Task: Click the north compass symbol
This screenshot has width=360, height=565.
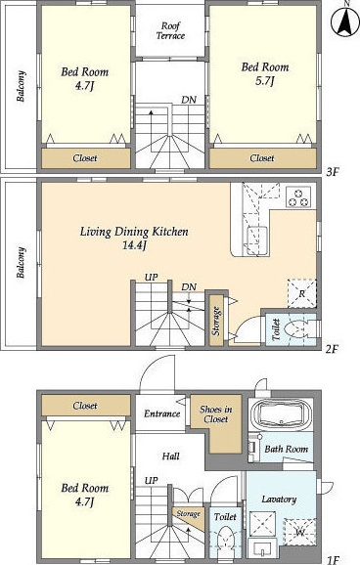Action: pyautogui.click(x=345, y=21)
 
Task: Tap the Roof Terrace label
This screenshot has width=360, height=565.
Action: pyautogui.click(x=170, y=31)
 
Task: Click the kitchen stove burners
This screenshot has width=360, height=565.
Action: pyautogui.click(x=298, y=196)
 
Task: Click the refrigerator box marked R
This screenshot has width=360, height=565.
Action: pyautogui.click(x=302, y=293)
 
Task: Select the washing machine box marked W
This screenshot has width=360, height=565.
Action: pyautogui.click(x=299, y=532)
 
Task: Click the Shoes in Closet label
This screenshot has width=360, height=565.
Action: pyautogui.click(x=216, y=414)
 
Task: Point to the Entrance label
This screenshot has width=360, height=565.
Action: pyautogui.click(x=161, y=413)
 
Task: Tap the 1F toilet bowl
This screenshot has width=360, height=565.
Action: pyautogui.click(x=226, y=538)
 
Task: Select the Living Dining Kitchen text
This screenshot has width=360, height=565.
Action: pyautogui.click(x=134, y=232)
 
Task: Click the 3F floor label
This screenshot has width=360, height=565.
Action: pyautogui.click(x=333, y=172)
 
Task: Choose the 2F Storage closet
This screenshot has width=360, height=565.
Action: pyautogui.click(x=216, y=321)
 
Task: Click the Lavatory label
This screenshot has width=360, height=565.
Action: pyautogui.click(x=279, y=500)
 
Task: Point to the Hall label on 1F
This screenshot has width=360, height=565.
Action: pyautogui.click(x=170, y=456)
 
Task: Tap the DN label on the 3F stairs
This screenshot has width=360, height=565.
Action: pyautogui.click(x=189, y=100)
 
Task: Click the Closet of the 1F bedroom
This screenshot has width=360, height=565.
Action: pyautogui.click(x=86, y=406)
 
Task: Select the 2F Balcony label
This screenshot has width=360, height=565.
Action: pyautogui.click(x=21, y=262)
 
